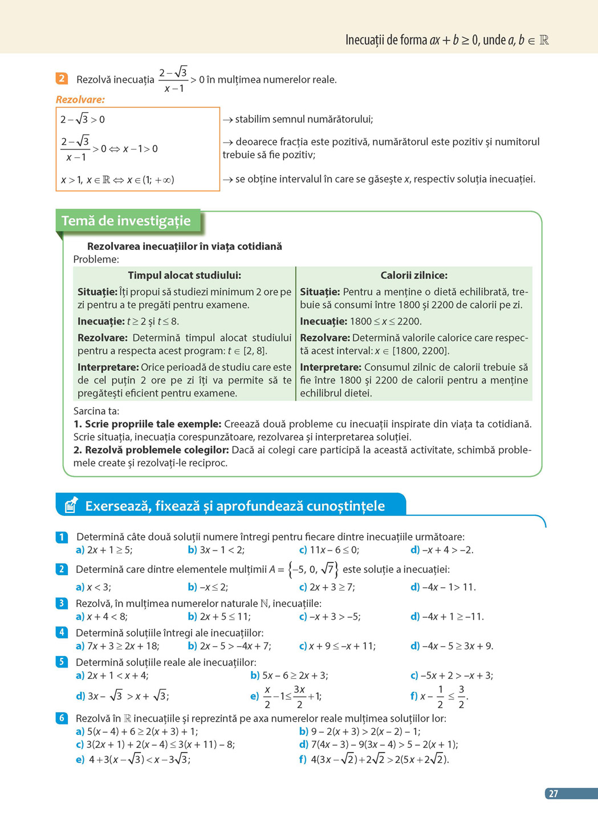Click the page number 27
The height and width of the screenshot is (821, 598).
pos(554,794)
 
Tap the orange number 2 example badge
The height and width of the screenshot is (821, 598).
pos(62,79)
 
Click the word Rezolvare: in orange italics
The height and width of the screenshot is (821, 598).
pos(80,100)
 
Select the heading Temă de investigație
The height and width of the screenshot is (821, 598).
pos(126,221)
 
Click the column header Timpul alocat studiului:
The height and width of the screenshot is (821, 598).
pos(184,275)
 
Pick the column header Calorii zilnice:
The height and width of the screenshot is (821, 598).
pos(414,275)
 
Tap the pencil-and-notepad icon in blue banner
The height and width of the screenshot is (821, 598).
pos(71,505)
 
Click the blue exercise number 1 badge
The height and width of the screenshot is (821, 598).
pos(62,537)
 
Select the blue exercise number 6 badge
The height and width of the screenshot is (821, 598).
pos(62,718)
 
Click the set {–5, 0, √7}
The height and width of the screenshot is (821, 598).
pos(313,569)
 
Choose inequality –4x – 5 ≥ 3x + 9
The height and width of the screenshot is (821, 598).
pos(457,646)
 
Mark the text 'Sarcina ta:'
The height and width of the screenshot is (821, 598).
pos(96,411)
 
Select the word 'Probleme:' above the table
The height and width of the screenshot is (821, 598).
pos(96,260)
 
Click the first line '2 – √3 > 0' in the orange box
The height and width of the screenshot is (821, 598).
pos(83,119)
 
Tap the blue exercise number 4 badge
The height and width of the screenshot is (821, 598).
pos(62,632)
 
